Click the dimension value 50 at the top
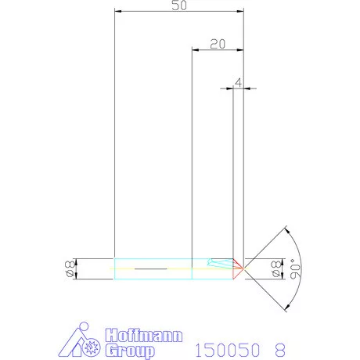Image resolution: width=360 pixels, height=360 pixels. [x=178, y=5]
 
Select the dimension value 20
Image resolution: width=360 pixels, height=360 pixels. [x=218, y=44]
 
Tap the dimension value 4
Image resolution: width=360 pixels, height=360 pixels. [x=238, y=81]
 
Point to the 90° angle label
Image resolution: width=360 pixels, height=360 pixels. [x=293, y=268]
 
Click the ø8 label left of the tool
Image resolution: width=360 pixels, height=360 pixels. [x=69, y=268]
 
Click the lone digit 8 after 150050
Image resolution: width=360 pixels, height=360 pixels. [x=279, y=350]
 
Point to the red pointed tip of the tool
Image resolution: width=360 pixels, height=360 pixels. [x=241, y=268]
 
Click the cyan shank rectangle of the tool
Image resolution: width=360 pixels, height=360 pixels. [x=153, y=268]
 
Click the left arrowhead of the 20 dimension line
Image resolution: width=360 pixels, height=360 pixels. [x=196, y=50]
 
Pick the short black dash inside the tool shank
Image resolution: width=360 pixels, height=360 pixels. [x=151, y=268]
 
